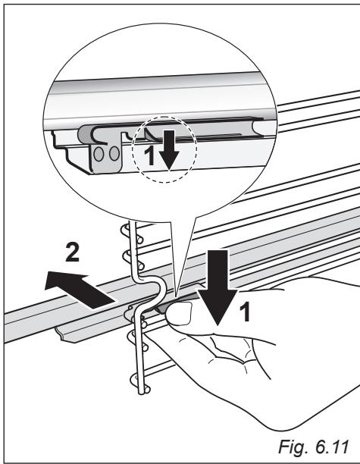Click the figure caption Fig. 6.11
(313, 447)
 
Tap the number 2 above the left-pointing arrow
(72, 252)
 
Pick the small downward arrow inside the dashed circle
(169, 149)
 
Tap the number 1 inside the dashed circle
(151, 156)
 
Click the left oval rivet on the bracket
(99, 154)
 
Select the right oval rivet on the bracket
(114, 154)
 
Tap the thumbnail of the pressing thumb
(178, 315)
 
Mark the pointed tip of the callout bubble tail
(175, 296)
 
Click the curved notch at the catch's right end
(258, 128)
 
